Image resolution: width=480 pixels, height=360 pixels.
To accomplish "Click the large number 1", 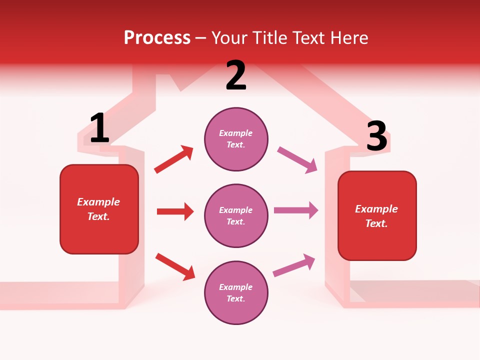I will pos(99,128).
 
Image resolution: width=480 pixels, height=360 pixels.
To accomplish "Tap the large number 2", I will pos(236,75).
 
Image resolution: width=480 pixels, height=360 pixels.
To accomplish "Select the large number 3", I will pos(376,136).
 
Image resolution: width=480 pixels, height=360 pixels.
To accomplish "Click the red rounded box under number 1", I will pos(99,209).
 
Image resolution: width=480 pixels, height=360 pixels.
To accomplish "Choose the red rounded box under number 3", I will pos(377,216).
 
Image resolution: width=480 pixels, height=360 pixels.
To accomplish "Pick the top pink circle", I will pos(236,139).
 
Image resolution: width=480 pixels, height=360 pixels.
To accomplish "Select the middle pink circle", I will pos(236,215).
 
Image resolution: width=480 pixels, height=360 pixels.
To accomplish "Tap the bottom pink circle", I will pos(236,292).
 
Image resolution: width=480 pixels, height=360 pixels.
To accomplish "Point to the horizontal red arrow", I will pos(175,211).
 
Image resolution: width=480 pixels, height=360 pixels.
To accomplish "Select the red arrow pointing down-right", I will pos(175,266).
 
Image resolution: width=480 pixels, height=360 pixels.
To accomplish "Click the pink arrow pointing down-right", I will pos(297,160).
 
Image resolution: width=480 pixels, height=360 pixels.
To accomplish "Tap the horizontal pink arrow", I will pos(296,210).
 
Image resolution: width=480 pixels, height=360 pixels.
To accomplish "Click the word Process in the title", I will pos(157,37).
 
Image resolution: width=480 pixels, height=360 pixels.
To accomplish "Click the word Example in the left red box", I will pos(98,202).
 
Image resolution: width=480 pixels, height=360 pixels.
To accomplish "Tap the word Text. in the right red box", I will pos(376,223).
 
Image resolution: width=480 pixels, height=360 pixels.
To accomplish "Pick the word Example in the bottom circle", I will pos(235,287).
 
